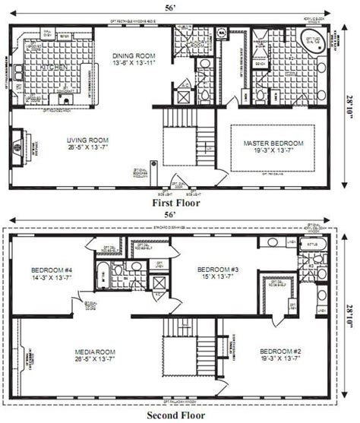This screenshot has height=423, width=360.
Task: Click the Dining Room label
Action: pyautogui.click(x=134, y=55)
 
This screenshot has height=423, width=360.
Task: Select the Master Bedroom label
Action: pyautogui.click(x=273, y=143)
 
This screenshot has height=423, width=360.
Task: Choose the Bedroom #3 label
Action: pyautogui.click(x=217, y=270)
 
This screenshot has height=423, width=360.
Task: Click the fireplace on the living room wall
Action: pyautogui.click(x=21, y=144)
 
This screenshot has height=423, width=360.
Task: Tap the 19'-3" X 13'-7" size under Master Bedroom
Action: pyautogui.click(x=273, y=150)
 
